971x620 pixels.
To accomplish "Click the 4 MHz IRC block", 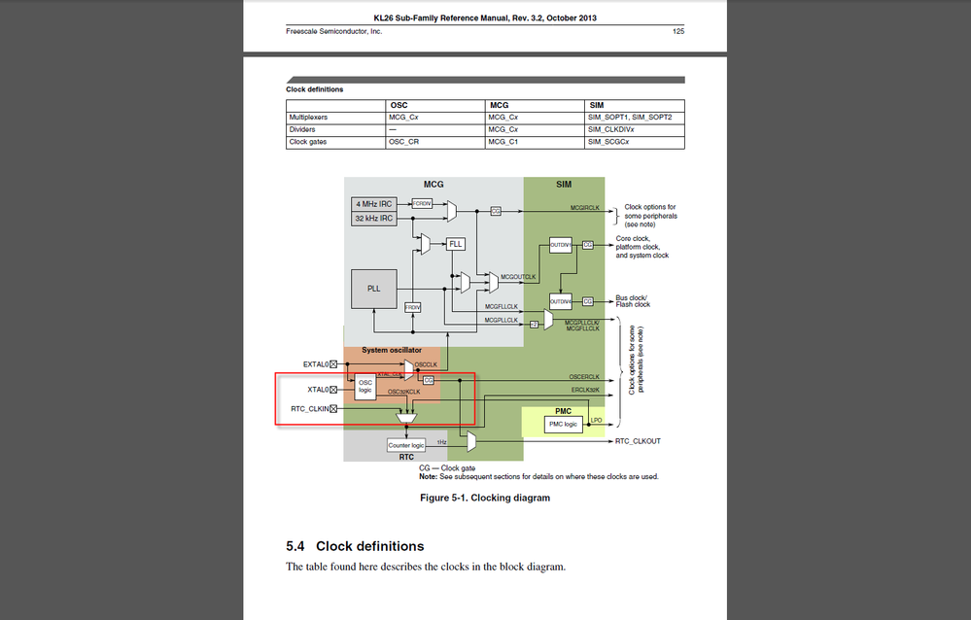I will pyautogui.click(x=374, y=203).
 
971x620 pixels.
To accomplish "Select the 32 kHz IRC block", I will pyautogui.click(x=374, y=219).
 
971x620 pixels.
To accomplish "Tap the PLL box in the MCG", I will pyautogui.click(x=374, y=289).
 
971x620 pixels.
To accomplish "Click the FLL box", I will pyautogui.click(x=456, y=244).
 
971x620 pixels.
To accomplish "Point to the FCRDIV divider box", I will pyautogui.click(x=423, y=203).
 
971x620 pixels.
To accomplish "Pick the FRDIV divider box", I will pyautogui.click(x=413, y=306).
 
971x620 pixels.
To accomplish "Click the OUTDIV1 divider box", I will pyautogui.click(x=561, y=245).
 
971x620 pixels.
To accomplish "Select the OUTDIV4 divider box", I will pyautogui.click(x=561, y=300).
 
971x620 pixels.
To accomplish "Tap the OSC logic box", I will pyautogui.click(x=365, y=387).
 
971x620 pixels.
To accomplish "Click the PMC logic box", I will pyautogui.click(x=563, y=424).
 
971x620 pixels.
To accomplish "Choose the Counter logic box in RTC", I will pyautogui.click(x=406, y=445).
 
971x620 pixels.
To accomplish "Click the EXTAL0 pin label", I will pyautogui.click(x=316, y=363).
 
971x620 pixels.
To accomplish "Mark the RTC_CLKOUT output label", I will pyautogui.click(x=638, y=441).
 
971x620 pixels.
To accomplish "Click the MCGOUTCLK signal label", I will pyautogui.click(x=518, y=277).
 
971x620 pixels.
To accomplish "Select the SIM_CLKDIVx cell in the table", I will pyautogui.click(x=609, y=129).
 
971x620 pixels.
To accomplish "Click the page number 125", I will pyautogui.click(x=678, y=31).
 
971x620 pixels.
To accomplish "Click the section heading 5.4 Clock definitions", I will pyautogui.click(x=355, y=546).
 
